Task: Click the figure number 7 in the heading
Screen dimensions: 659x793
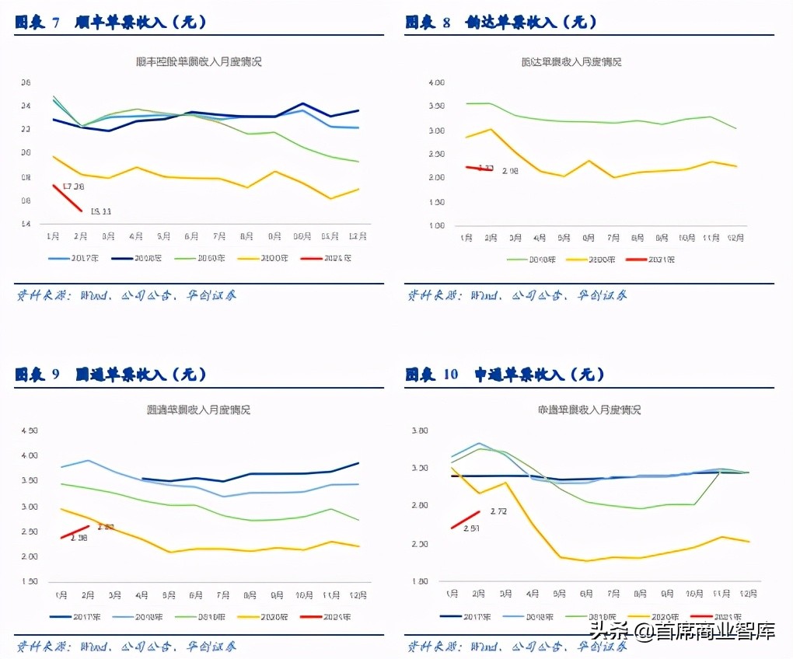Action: [56, 23]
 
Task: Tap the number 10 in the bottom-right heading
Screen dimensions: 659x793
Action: [451, 375]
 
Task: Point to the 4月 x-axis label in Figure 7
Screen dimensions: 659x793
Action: [136, 235]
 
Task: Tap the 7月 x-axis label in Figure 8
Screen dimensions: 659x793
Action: [613, 238]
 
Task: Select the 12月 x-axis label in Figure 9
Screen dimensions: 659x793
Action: [357, 595]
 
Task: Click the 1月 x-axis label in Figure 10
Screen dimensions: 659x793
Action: [452, 594]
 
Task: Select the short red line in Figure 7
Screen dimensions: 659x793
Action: [67, 197]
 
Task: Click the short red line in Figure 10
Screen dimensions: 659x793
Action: [466, 519]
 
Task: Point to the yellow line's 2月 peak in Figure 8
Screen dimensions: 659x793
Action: [490, 130]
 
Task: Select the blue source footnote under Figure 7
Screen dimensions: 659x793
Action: [126, 295]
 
